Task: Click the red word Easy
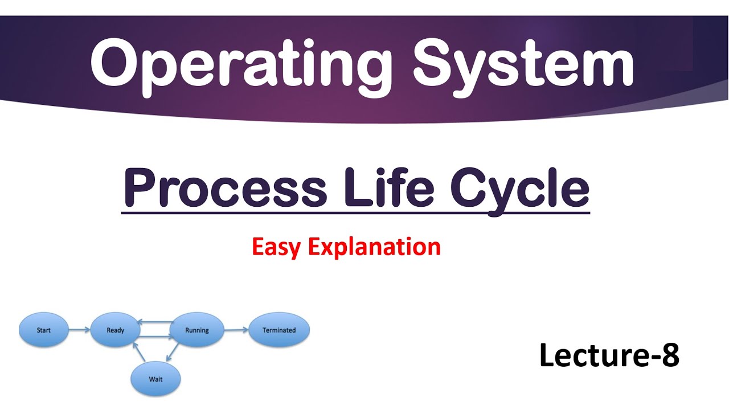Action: (276, 247)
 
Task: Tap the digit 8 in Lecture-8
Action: (670, 355)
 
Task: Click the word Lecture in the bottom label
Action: (592, 355)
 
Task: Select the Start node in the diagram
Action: (44, 330)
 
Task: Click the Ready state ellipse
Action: (116, 330)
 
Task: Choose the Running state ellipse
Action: (197, 330)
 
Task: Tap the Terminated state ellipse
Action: (279, 330)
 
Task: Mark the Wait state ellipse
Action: (155, 379)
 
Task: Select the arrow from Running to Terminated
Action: (236, 330)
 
